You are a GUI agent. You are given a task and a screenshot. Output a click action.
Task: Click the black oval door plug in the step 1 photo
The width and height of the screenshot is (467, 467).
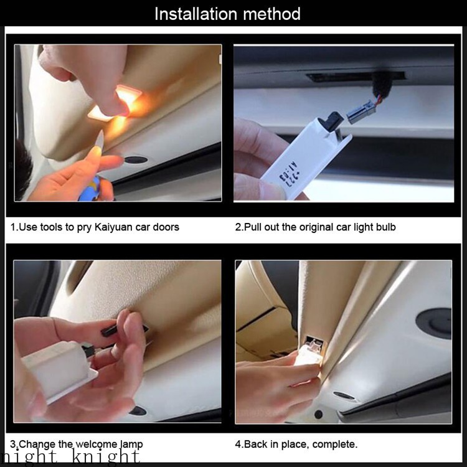[135, 160]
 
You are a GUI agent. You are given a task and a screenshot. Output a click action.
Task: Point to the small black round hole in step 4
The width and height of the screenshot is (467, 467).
[319, 414]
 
